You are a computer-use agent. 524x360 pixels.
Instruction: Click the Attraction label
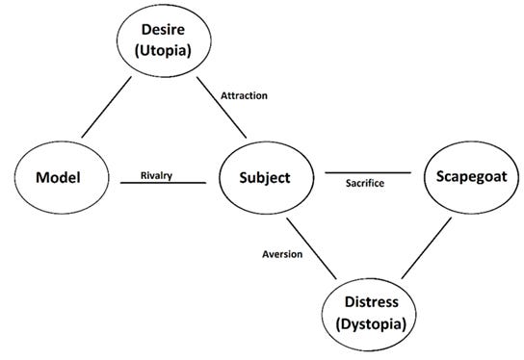tap(245, 96)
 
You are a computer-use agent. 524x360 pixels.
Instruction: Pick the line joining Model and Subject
tap(163, 183)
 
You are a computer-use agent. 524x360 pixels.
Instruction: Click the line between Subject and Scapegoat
tap(367, 174)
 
